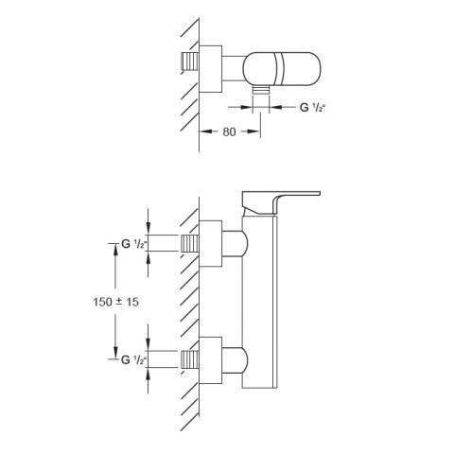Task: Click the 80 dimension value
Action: [x=229, y=131]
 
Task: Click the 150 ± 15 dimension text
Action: [x=115, y=302]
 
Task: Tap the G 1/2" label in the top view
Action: [x=312, y=108]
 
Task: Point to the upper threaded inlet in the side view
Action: [x=190, y=243]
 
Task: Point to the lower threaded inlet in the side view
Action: [x=190, y=359]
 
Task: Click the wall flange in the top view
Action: [x=210, y=69]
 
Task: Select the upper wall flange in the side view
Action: [x=210, y=243]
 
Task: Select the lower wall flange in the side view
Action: [x=210, y=360]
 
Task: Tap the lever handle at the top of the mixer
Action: [x=281, y=202]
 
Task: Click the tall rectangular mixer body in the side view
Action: [x=259, y=302]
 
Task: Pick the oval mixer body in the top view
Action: [x=282, y=69]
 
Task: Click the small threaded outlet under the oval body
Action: [x=261, y=90]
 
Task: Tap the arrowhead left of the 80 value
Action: [x=205, y=131]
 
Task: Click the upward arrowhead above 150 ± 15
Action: [x=115, y=250]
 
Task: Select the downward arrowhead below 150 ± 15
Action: [x=115, y=353]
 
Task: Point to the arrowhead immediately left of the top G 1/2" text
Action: [x=276, y=108]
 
